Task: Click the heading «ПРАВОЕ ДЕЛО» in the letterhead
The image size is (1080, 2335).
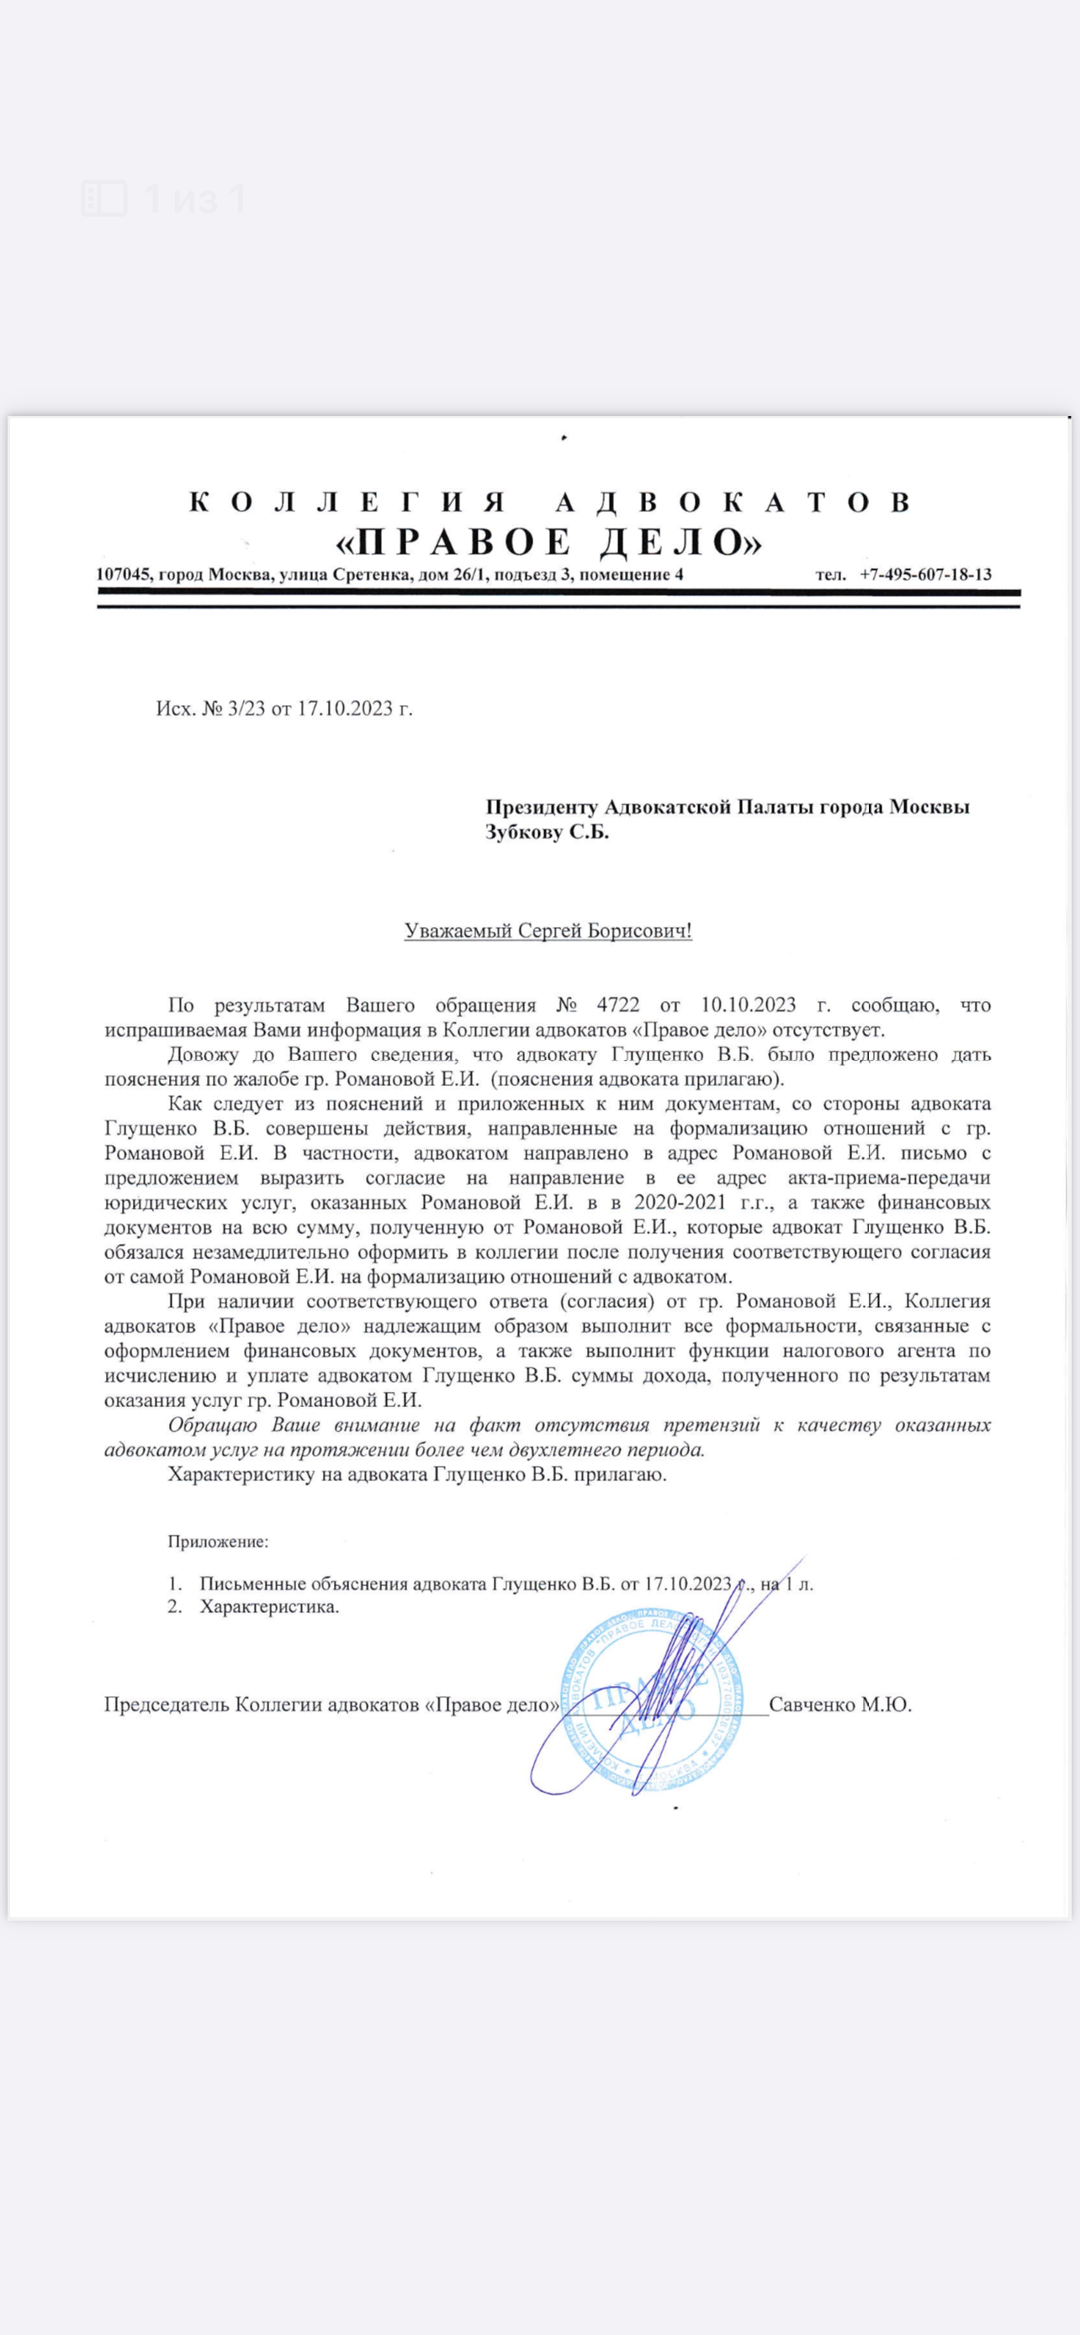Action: point(548,542)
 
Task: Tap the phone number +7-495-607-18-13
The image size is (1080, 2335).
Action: point(925,574)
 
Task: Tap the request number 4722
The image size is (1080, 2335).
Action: point(618,1005)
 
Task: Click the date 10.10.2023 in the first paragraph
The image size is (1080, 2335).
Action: point(748,1005)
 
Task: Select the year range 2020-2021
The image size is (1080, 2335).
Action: point(686,1203)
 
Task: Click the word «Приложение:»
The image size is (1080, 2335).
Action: point(218,1541)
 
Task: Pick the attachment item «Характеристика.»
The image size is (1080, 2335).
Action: point(269,1607)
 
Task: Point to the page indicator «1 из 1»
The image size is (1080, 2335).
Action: point(195,198)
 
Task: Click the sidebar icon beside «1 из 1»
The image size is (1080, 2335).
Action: point(103,198)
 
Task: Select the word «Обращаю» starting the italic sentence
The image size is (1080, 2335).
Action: point(212,1425)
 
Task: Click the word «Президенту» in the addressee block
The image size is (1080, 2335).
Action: point(542,807)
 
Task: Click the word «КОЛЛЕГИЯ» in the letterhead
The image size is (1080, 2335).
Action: point(347,501)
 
